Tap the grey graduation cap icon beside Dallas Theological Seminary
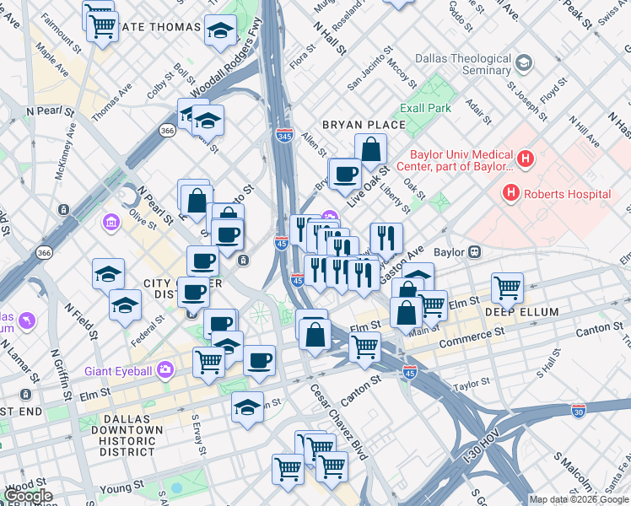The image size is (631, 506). point(524,63)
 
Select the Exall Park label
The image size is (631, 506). point(425,108)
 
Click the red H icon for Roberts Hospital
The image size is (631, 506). point(510,193)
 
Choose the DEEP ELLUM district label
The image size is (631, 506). point(521,312)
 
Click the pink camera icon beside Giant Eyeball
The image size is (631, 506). point(164,369)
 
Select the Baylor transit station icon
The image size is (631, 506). point(475,251)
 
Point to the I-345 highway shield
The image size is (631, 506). point(284,135)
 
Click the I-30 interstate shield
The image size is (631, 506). point(578,410)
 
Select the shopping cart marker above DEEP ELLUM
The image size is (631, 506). point(507,288)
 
